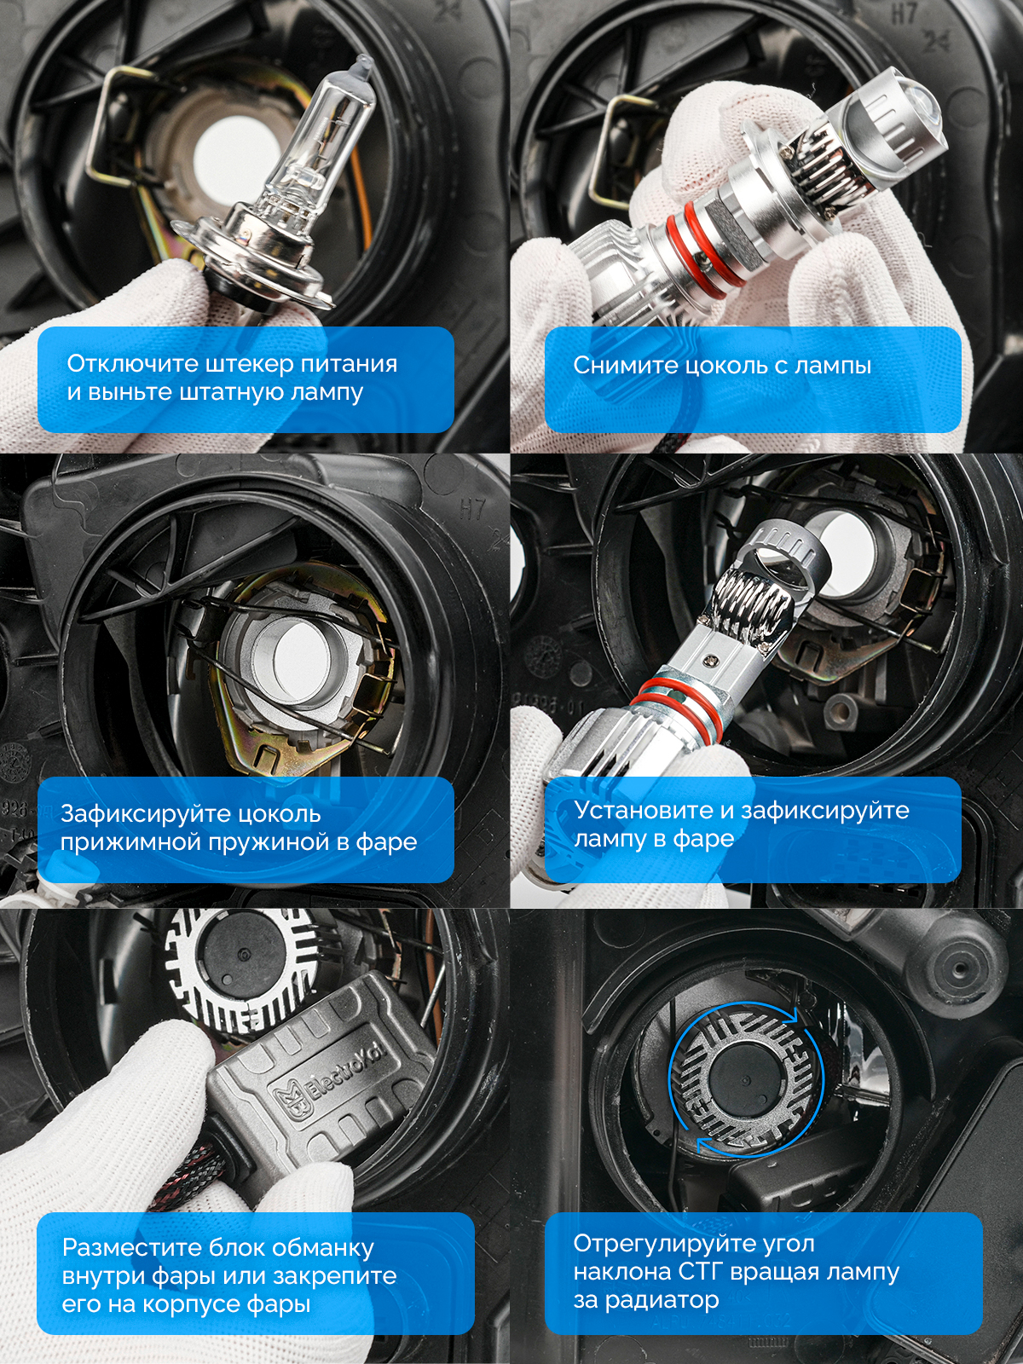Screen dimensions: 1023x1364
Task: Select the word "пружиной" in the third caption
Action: click(x=277, y=842)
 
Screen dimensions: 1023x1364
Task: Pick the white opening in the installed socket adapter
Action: click(x=294, y=656)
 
